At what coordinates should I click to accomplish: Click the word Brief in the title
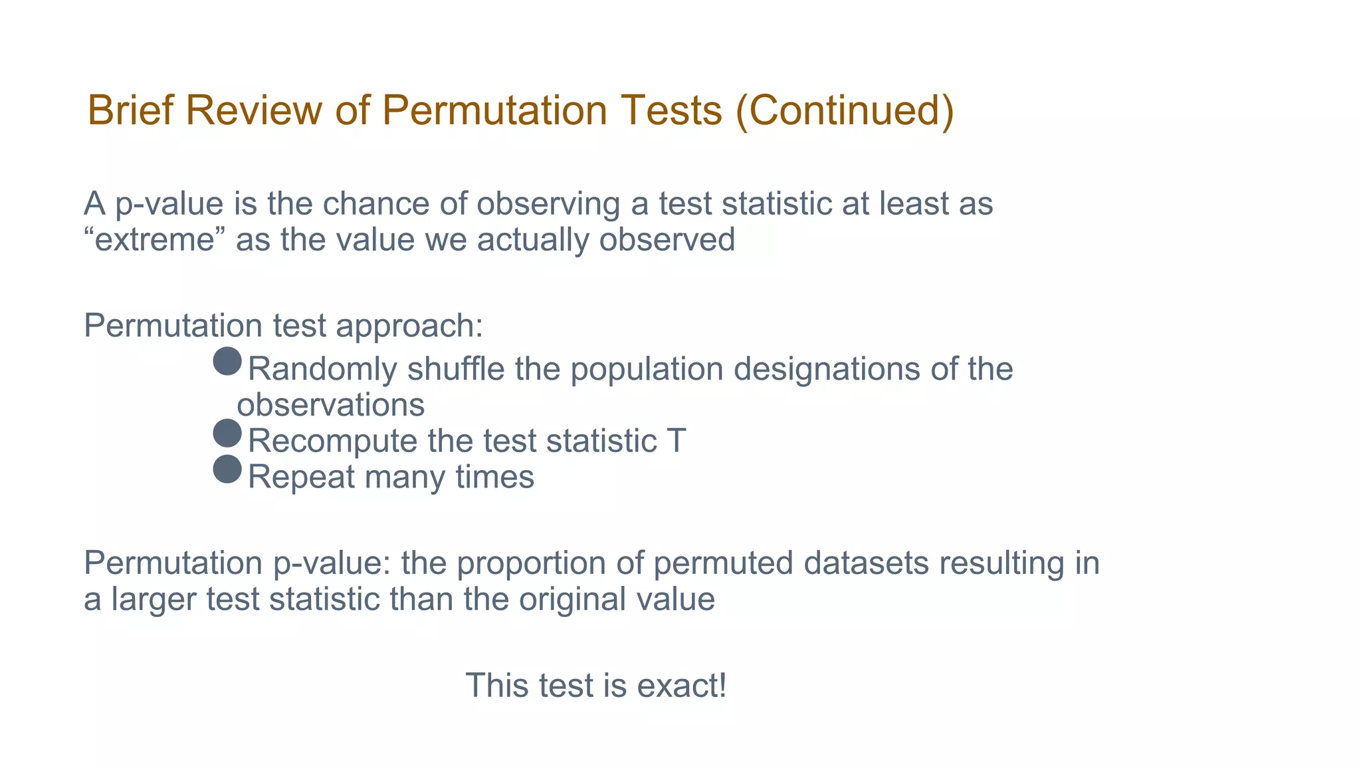[131, 110]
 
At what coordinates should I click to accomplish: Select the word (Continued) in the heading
[845, 110]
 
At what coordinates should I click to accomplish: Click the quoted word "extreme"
[155, 240]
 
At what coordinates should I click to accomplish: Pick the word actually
[533, 240]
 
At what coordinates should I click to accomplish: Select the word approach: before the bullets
[409, 326]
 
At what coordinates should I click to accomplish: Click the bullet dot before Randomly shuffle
[227, 362]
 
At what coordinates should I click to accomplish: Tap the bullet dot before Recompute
[227, 434]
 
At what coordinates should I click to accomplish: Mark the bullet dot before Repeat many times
[227, 469]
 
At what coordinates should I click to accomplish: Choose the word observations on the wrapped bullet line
[331, 405]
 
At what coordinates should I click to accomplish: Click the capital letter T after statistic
[676, 441]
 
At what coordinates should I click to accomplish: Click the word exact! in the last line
[682, 686]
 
